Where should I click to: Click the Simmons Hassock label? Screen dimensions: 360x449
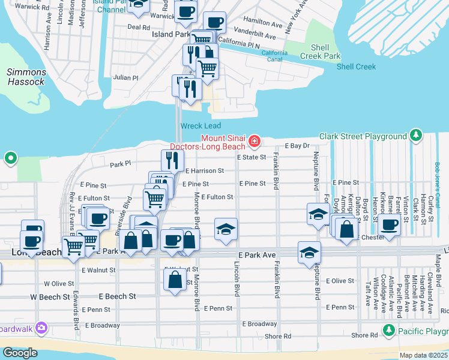[x=26, y=77]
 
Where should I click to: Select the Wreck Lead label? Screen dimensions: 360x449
[x=196, y=126]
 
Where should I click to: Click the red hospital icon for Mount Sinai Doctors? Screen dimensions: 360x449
[x=255, y=142]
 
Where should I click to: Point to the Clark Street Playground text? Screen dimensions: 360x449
[x=363, y=137]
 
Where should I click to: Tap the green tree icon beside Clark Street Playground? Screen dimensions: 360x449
[x=415, y=137]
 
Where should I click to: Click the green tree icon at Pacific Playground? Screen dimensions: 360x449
[x=388, y=331]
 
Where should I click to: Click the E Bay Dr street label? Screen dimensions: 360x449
[x=297, y=146]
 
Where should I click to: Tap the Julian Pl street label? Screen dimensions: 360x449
[x=126, y=78]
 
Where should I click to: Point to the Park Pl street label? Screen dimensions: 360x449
[x=119, y=164]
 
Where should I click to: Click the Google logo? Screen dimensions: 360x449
[x=20, y=352]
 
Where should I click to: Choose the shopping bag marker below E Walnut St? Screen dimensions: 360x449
[x=175, y=280]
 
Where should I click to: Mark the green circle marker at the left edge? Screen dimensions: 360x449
[x=10, y=159]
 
